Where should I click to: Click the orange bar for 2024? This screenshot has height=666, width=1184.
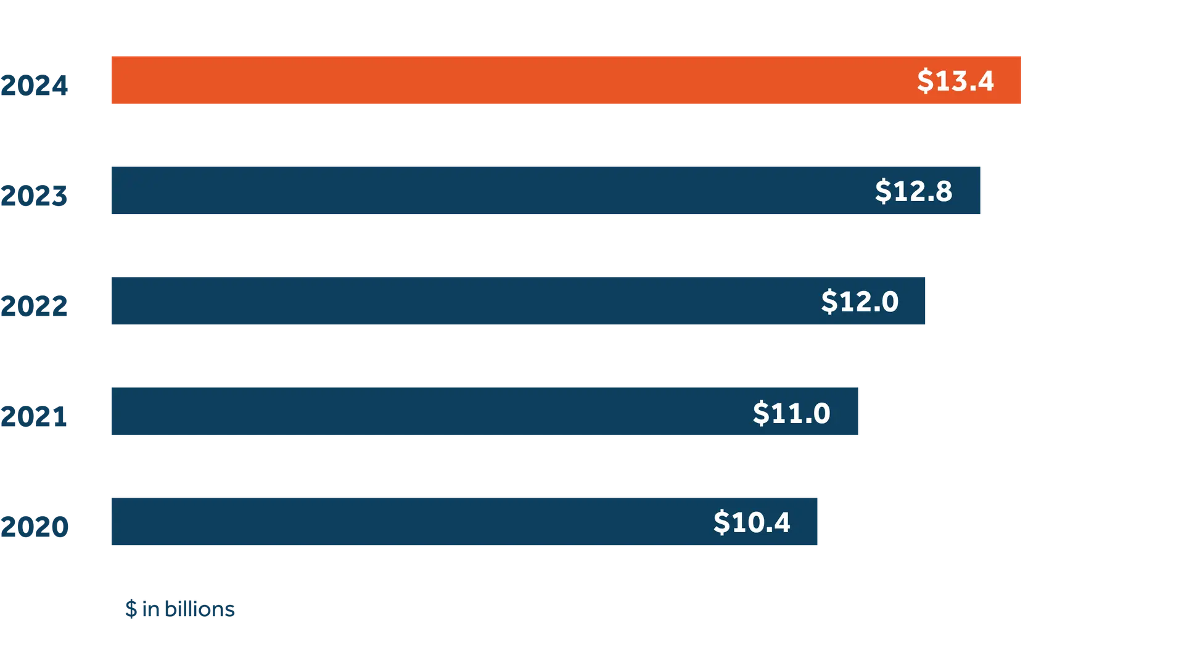click(x=493, y=81)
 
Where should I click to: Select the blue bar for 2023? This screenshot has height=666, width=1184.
click(x=481, y=190)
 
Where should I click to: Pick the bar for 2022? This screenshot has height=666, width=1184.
click(x=456, y=300)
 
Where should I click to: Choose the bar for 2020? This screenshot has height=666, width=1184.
click(x=401, y=521)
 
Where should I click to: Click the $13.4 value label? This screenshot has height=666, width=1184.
click(x=955, y=81)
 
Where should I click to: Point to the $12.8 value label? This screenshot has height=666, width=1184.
click(x=913, y=191)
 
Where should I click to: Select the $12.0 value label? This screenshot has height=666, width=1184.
click(x=860, y=301)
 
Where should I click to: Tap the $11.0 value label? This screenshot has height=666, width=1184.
click(x=791, y=413)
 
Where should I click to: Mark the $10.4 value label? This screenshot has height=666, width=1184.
click(x=752, y=522)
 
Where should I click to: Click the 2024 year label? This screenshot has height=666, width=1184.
click(x=35, y=86)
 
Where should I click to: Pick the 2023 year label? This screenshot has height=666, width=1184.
click(x=35, y=195)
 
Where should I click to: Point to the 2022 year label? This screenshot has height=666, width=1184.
click(x=35, y=305)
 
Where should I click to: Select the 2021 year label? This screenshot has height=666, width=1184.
click(x=35, y=416)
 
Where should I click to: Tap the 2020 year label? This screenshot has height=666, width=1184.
click(x=35, y=526)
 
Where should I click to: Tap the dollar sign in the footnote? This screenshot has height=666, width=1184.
click(x=130, y=609)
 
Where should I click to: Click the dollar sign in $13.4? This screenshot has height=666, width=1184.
click(x=925, y=81)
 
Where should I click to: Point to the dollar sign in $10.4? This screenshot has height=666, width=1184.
click(x=721, y=522)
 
